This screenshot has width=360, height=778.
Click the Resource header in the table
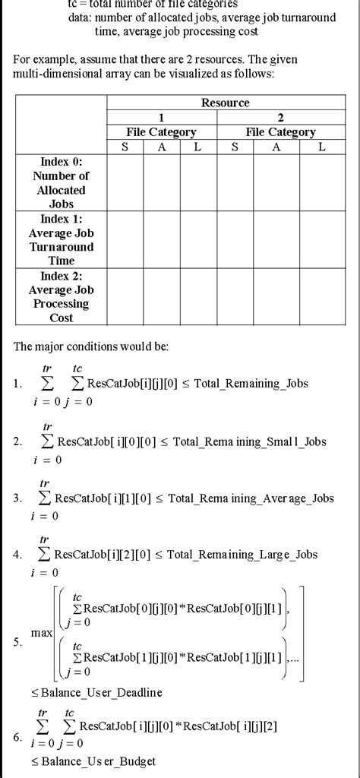point(225,103)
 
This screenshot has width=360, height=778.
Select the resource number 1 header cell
point(161,117)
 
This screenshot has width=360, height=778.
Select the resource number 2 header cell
point(280,117)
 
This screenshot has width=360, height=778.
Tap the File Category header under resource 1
point(161,132)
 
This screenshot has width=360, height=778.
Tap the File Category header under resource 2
point(280,132)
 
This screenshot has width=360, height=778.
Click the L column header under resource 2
point(322,147)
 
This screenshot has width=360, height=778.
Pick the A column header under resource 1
point(162,147)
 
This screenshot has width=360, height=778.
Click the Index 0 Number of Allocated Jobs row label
point(62,182)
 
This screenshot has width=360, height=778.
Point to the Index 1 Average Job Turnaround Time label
point(62,239)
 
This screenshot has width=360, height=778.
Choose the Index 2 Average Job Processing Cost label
point(62,297)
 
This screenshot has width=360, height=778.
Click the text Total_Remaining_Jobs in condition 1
point(251,383)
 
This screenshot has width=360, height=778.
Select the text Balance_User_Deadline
point(96,692)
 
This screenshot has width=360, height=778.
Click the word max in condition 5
point(41,632)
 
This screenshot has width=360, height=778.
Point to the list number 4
point(17,555)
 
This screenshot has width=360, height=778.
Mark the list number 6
point(17,737)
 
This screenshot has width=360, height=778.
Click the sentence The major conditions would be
point(91,346)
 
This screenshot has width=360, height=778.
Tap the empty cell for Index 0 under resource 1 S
point(125,182)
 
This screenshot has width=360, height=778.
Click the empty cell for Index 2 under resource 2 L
point(322,297)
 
